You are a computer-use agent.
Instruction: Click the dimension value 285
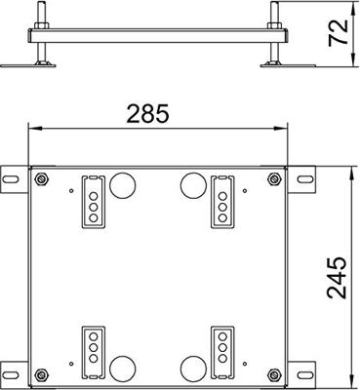click(x=148, y=113)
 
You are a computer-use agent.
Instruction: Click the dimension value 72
click(x=338, y=33)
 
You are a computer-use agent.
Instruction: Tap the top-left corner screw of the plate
click(x=41, y=178)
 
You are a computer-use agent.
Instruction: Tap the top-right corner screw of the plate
click(x=274, y=178)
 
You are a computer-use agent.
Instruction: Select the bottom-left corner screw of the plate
click(x=41, y=374)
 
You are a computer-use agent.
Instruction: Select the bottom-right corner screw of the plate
click(x=274, y=374)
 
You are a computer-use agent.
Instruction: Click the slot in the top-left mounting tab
click(x=12, y=179)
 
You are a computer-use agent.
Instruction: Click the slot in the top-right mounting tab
click(x=303, y=179)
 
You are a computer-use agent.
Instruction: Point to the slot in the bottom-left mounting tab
click(x=12, y=373)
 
